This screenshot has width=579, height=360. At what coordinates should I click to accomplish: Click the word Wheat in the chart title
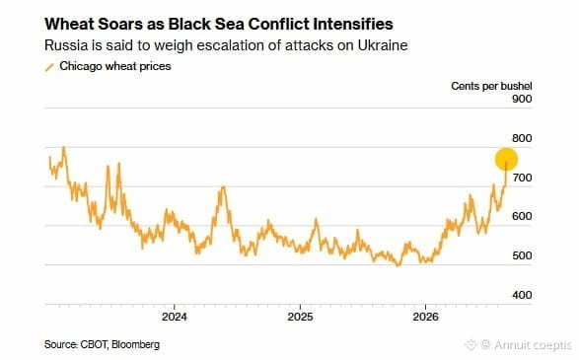click(x=69, y=24)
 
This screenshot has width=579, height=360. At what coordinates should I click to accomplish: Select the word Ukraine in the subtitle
click(x=383, y=45)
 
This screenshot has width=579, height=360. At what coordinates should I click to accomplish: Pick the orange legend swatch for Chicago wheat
click(x=49, y=67)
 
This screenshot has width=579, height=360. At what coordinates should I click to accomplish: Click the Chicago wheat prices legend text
click(x=115, y=66)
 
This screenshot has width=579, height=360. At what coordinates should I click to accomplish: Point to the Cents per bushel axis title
click(x=491, y=86)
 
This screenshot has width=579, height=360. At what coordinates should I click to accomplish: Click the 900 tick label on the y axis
click(x=522, y=99)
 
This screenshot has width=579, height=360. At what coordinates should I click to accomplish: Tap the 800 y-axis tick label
click(x=522, y=138)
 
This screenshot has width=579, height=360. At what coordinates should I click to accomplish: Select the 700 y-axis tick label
click(x=522, y=178)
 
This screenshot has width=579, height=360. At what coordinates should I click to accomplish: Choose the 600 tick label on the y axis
click(x=522, y=216)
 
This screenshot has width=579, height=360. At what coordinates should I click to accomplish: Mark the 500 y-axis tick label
click(x=522, y=255)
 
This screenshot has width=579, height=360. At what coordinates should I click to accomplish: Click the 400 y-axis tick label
click(x=522, y=295)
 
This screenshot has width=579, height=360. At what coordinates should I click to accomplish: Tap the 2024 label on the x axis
click(x=175, y=317)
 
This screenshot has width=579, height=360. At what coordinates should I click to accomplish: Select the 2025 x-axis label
click(x=300, y=317)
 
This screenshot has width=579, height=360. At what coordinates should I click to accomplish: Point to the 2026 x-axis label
click(x=425, y=317)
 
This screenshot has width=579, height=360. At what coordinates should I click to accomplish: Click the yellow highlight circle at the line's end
click(x=506, y=159)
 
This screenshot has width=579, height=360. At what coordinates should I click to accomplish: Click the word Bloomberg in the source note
click(x=135, y=344)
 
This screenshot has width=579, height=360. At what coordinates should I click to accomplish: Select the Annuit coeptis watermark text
click(x=533, y=345)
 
